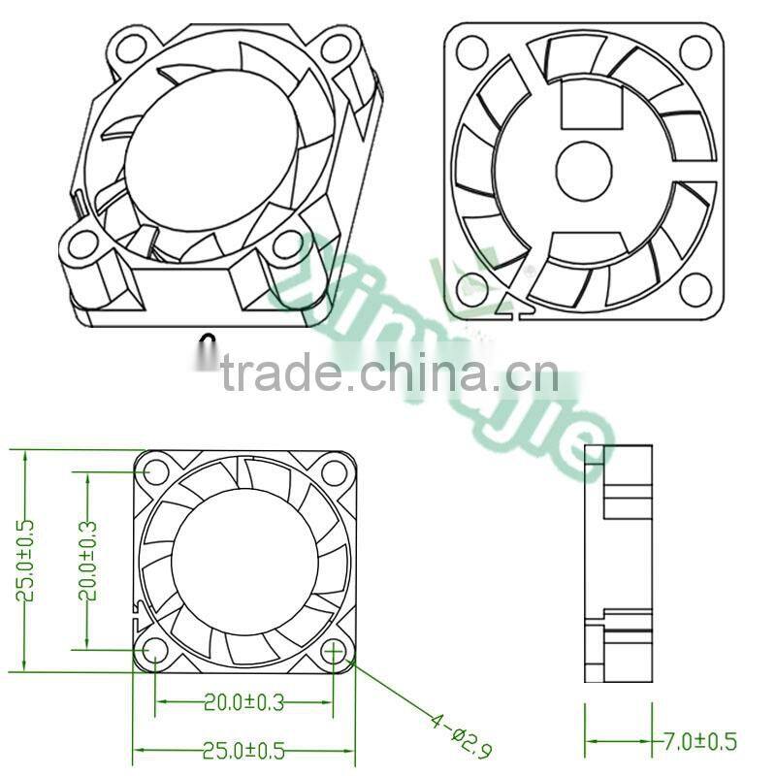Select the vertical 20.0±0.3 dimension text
(x=88, y=561)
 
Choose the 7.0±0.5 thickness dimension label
(x=699, y=742)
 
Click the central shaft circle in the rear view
(x=584, y=169)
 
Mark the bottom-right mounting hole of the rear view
(x=696, y=287)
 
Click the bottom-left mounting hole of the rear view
(x=471, y=287)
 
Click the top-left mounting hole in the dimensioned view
(x=155, y=472)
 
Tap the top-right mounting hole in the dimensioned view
(x=334, y=472)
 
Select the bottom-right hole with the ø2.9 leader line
(x=334, y=651)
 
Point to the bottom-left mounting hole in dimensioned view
(x=155, y=651)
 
